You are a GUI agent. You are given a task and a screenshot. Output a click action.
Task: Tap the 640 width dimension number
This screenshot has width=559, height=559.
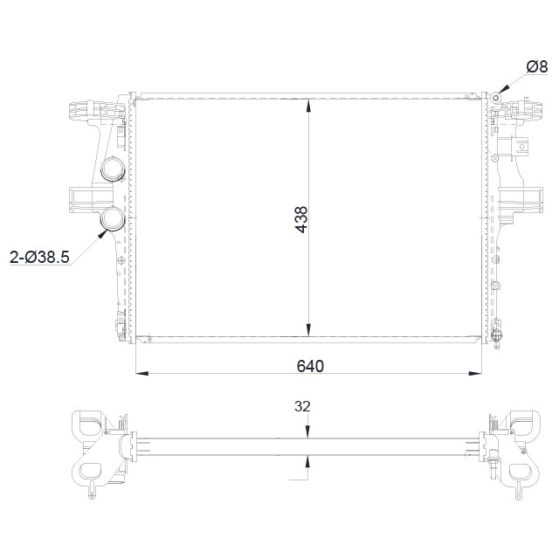[310, 365]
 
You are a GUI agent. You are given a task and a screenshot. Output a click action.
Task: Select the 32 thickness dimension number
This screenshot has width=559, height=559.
[303, 406]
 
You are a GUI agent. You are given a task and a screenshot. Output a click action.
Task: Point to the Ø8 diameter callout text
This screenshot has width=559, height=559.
[536, 66]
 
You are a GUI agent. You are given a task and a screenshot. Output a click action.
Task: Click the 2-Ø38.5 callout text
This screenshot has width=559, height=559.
[39, 257]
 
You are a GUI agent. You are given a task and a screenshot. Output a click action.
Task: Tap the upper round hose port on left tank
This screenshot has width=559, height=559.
[113, 169]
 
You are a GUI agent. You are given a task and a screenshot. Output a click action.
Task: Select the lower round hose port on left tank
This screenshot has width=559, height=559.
[113, 221]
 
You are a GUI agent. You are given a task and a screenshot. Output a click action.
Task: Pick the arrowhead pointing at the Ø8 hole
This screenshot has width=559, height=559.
[500, 93]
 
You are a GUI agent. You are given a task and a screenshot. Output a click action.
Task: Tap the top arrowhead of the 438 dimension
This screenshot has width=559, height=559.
[307, 104]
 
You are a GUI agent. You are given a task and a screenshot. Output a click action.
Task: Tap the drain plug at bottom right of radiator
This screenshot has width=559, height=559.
[499, 336]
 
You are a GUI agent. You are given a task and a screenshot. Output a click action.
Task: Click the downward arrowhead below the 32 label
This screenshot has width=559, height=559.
[307, 429]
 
